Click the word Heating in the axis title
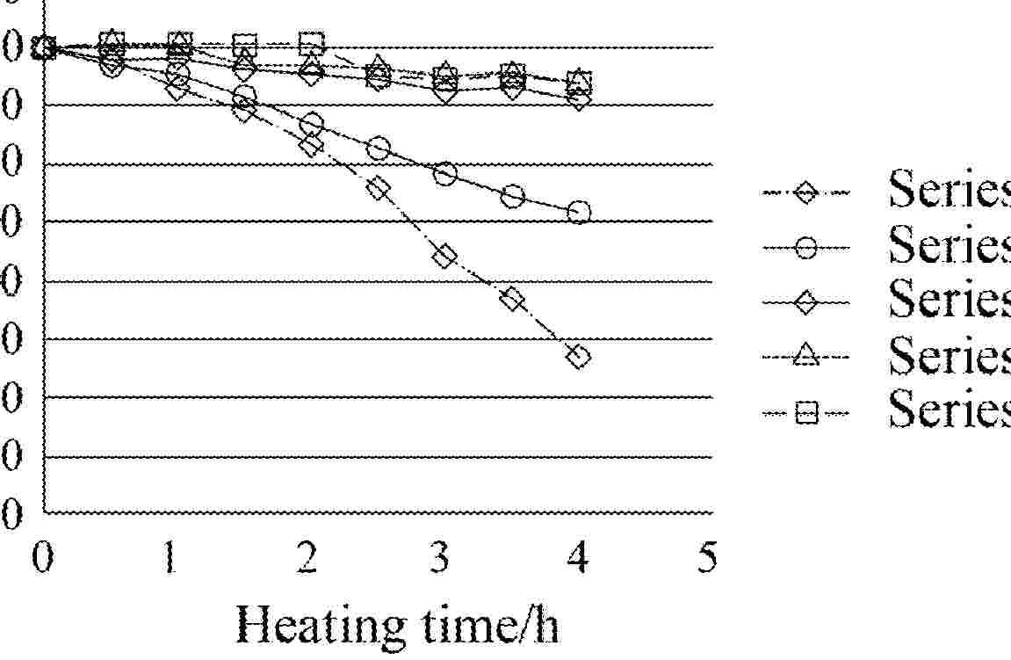(x=317, y=626)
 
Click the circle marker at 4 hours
(x=579, y=212)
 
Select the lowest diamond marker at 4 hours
(x=578, y=356)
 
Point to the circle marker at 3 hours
(x=445, y=174)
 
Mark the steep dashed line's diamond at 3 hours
(x=445, y=257)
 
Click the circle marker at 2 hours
(x=311, y=124)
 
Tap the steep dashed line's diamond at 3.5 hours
(x=513, y=299)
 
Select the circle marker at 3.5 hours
(x=514, y=196)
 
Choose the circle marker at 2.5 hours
(x=379, y=149)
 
